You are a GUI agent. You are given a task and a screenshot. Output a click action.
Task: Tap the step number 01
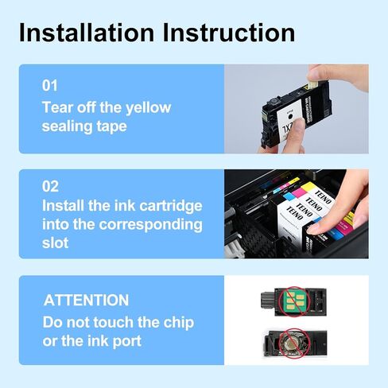pos(50,85)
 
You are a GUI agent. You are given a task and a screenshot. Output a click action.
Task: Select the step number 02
pos(51,187)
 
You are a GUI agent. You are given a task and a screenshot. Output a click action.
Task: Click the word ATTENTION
pos(86,301)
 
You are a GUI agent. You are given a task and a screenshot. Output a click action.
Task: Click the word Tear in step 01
pos(58,107)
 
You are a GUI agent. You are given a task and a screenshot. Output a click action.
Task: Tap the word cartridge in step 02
pos(169,206)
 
